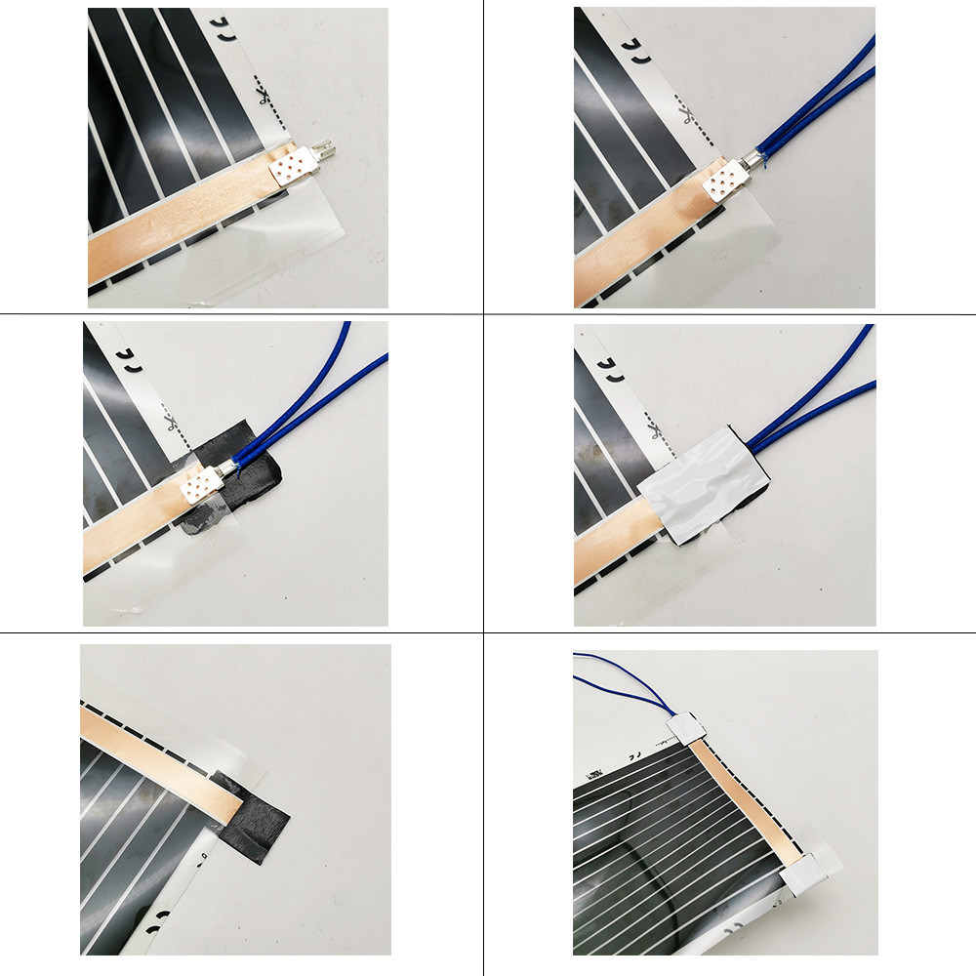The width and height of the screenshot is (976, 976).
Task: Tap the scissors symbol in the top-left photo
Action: (x=263, y=97)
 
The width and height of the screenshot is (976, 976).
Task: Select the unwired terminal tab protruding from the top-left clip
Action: (x=328, y=152)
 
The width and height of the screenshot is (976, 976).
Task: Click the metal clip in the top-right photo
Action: (x=722, y=178)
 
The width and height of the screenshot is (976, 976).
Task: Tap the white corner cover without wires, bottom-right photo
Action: (x=808, y=873)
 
